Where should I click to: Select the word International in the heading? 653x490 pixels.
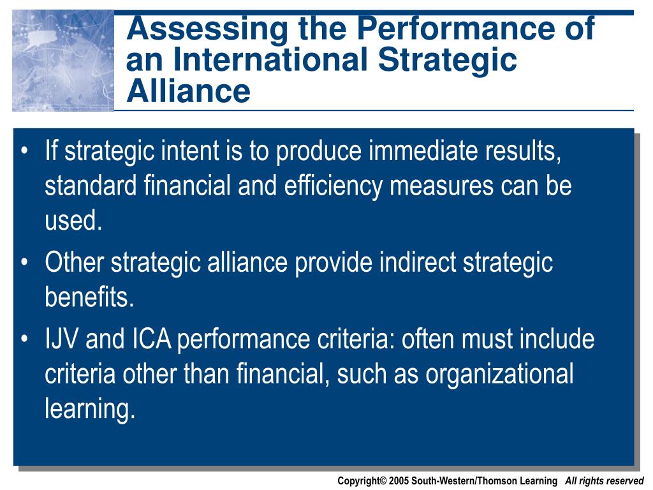point(270,59)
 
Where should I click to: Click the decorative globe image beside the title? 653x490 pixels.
point(63,61)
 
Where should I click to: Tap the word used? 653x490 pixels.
point(73,220)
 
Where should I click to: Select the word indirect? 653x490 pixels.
point(418,262)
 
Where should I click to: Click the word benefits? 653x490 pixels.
point(89,297)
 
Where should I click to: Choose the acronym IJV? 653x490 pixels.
point(62,339)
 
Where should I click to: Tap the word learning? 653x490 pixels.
point(90,409)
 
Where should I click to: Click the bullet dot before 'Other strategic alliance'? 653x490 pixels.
point(25,262)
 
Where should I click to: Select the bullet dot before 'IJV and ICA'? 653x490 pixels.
point(25,339)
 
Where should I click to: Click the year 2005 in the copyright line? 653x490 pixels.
point(399,481)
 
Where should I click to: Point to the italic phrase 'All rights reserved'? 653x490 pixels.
point(605,481)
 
